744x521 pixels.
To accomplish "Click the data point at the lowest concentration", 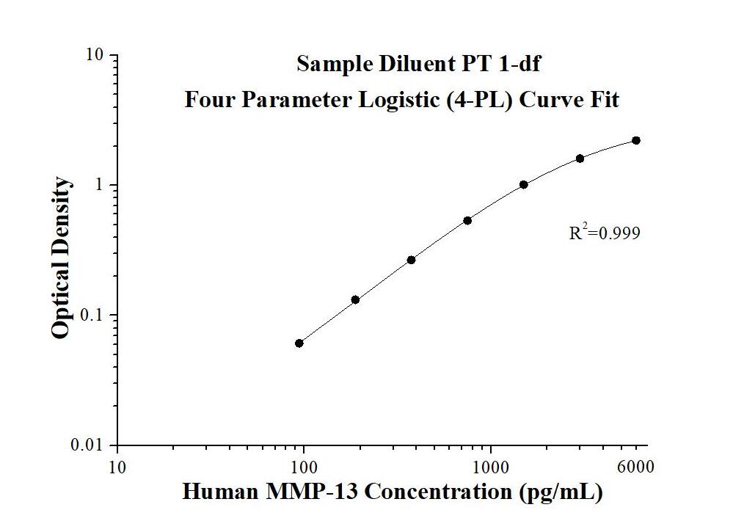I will click(x=299, y=343).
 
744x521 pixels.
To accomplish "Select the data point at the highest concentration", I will click(x=636, y=140).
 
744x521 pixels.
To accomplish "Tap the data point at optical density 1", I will click(x=524, y=185).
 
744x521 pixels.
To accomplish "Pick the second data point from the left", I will click(x=355, y=299).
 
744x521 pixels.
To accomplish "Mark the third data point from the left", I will click(x=412, y=260).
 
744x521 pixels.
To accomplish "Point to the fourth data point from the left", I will click(x=467, y=220).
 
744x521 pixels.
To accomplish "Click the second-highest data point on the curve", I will click(x=580, y=159).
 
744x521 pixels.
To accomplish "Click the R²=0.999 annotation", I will click(x=605, y=233).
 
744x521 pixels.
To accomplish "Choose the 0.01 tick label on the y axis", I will click(x=92, y=445).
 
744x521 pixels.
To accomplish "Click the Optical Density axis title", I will click(x=62, y=258).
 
